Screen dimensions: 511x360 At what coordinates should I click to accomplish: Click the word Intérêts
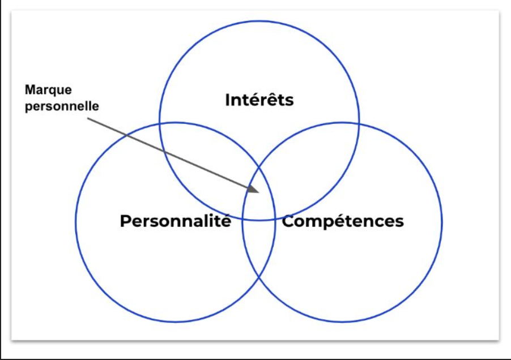[x=259, y=100]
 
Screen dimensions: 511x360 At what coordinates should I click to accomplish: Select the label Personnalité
[x=175, y=221]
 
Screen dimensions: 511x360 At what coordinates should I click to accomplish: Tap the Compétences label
[x=343, y=221]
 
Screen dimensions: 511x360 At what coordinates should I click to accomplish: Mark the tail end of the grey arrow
[x=88, y=118]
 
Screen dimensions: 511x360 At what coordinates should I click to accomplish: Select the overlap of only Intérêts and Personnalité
[x=204, y=170]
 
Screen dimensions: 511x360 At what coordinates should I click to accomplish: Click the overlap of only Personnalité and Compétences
[x=259, y=249]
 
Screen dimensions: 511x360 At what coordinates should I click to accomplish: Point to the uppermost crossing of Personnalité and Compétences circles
[x=259, y=166]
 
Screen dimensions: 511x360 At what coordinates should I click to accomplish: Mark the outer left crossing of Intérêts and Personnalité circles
[x=160, y=123]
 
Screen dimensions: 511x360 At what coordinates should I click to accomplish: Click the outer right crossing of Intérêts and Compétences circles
[x=359, y=123]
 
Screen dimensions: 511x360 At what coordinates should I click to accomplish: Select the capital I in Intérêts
[x=228, y=100]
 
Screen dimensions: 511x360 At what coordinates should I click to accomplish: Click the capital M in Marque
[x=29, y=90]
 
